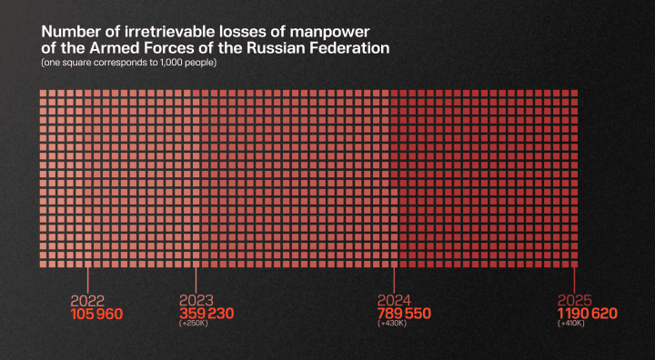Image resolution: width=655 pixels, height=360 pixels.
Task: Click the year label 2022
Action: [x=86, y=301]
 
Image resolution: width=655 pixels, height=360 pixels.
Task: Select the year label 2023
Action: [x=196, y=301]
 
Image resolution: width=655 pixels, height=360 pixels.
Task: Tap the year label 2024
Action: [x=394, y=301]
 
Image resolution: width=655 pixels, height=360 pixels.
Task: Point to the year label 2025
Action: [x=575, y=301]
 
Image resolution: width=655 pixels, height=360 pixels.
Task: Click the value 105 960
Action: [x=96, y=314]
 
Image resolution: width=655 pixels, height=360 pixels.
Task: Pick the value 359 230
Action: [x=207, y=314]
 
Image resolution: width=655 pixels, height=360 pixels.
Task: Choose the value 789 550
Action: [x=404, y=314]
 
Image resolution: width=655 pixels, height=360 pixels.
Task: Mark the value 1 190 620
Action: [x=588, y=314]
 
